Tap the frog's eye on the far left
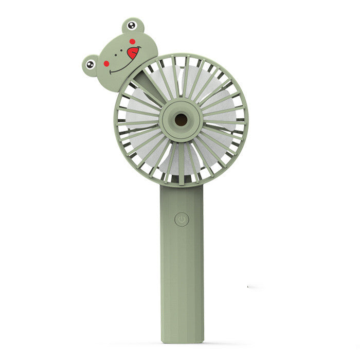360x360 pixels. pos(91,64)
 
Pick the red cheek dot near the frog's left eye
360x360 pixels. pos(107,64)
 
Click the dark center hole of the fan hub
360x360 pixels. pos(181,120)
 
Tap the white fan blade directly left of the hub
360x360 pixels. pos(139,121)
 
